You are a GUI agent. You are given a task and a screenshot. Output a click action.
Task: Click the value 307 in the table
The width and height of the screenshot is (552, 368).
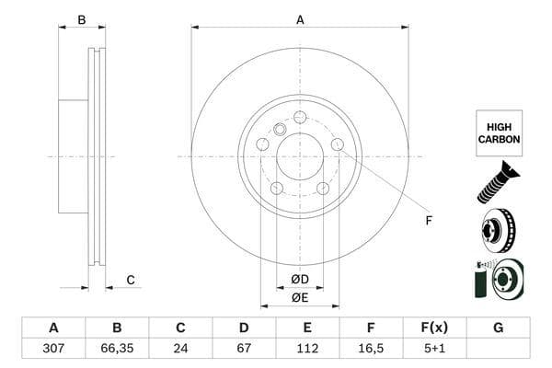pyautogui.click(x=52, y=350)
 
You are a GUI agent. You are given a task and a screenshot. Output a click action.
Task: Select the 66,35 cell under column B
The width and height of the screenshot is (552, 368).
pyautogui.click(x=117, y=350)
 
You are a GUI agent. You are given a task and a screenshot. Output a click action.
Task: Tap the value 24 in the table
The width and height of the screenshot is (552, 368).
pyautogui.click(x=180, y=350)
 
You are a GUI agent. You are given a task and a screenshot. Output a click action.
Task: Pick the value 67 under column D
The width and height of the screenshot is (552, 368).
pyautogui.click(x=244, y=350)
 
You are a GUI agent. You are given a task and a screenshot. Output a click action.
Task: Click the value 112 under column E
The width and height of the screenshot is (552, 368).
pyautogui.click(x=308, y=350)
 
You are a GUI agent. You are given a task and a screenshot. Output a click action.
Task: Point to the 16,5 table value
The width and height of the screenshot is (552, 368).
pyautogui.click(x=371, y=350)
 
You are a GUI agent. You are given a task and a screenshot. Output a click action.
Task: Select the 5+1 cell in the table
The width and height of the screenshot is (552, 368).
pyautogui.click(x=434, y=350)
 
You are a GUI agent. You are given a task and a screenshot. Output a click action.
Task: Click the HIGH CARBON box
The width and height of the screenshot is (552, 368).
pyautogui.click(x=499, y=133)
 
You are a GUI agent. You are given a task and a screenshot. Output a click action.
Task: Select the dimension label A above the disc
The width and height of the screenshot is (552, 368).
pyautogui.click(x=300, y=19)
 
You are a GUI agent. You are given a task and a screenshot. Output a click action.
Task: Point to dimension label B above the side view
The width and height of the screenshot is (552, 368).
pyautogui.click(x=81, y=19)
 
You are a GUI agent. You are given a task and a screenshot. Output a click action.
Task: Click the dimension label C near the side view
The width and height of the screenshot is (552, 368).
pyautogui.click(x=131, y=280)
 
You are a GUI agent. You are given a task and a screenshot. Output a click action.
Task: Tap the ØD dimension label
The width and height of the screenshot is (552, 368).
pyautogui.click(x=300, y=279)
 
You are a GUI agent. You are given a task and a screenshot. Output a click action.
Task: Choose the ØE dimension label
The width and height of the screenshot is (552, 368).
pyautogui.click(x=300, y=297)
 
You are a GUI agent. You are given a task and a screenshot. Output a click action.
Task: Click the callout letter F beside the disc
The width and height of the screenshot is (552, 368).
pyautogui.click(x=428, y=220)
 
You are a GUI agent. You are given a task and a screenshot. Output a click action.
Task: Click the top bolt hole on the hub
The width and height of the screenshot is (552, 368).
pyautogui.click(x=300, y=117)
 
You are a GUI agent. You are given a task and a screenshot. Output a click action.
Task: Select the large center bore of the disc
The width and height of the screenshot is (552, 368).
pyautogui.click(x=300, y=156)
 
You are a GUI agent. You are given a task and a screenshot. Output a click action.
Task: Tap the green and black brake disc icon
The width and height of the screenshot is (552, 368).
pyautogui.click(x=498, y=278)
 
